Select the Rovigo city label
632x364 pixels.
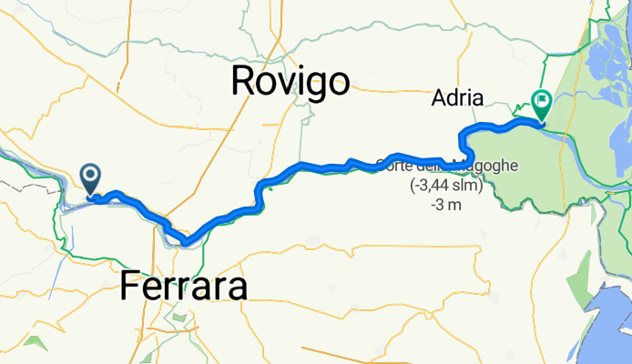(x=290, y=81)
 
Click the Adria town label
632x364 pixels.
(x=461, y=97)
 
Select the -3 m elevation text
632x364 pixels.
(x=444, y=205)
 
